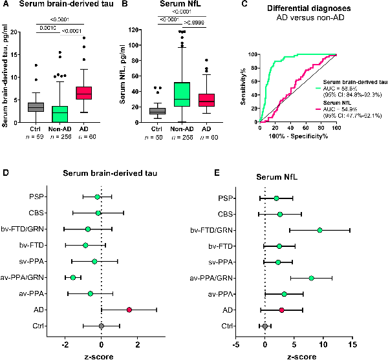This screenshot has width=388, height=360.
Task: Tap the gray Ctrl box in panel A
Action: tap(36, 107)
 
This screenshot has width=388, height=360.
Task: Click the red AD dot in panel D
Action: tap(129, 310)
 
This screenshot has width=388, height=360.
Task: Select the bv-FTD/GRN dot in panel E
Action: tap(319, 229)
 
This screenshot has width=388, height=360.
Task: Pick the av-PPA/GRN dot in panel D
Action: tap(73, 277)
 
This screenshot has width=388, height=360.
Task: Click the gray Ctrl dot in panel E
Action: tap(265, 326)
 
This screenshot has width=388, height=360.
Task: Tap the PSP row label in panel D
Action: tap(37, 196)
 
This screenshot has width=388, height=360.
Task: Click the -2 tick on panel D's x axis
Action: tap(65, 344)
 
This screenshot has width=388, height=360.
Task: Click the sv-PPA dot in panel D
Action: tap(94, 261)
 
